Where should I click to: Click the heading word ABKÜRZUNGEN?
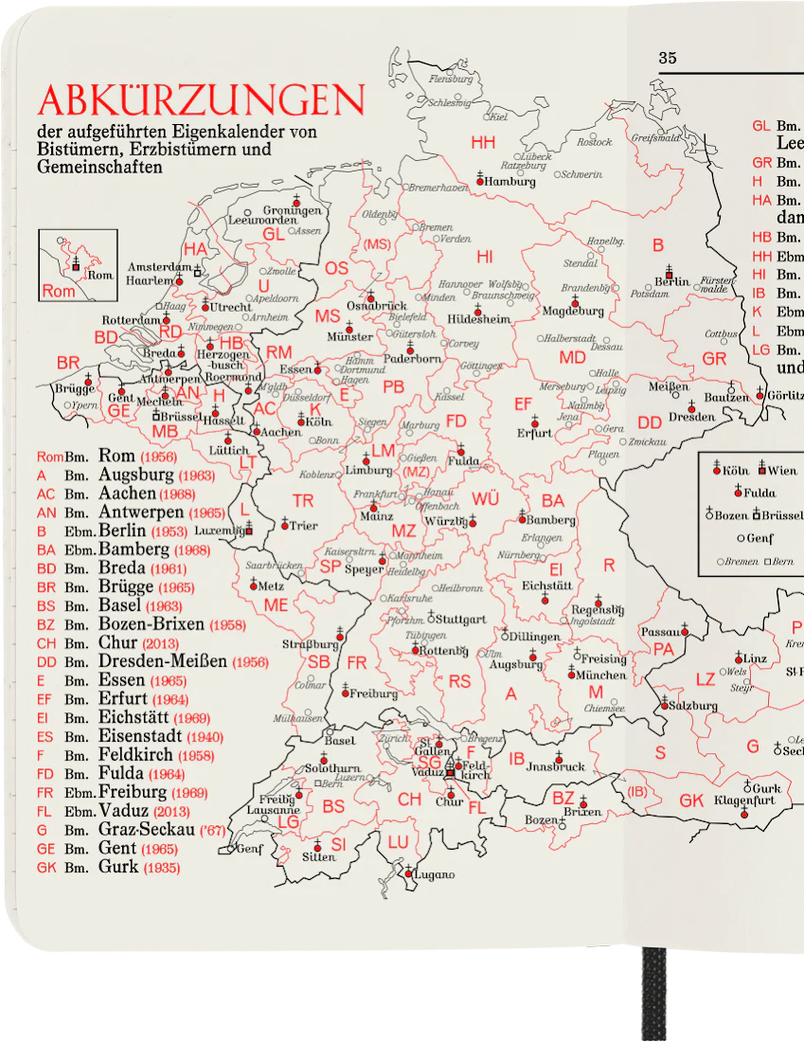coord(200,99)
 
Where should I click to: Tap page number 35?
coord(668,58)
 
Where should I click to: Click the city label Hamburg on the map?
coord(511,182)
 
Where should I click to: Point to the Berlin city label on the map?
coord(671,282)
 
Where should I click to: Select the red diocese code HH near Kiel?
coord(483,142)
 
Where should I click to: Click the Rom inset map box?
coord(78,265)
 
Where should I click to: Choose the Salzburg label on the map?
coord(695,706)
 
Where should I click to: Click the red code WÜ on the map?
coord(485,498)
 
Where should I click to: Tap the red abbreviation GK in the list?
coord(47,868)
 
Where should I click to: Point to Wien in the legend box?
coord(782,471)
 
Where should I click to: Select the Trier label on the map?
coord(303,526)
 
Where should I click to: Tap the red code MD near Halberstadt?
coord(572,357)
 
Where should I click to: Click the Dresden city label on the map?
coord(691,417)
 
